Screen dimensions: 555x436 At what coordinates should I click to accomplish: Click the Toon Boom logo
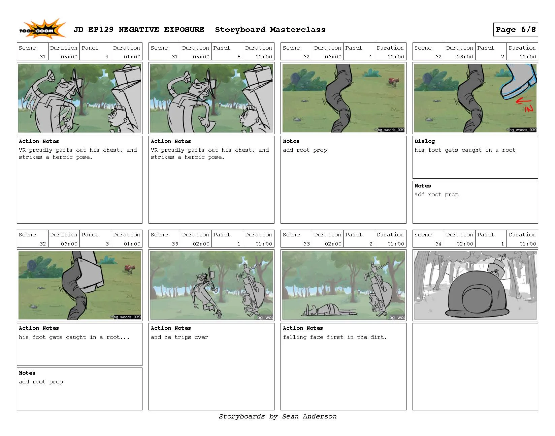42,29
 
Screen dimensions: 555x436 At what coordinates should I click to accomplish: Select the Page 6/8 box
515,29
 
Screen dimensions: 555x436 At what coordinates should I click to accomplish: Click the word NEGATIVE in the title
138,30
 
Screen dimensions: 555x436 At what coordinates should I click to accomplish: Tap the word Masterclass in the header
298,30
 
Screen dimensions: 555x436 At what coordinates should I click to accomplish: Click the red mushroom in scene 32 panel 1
394,82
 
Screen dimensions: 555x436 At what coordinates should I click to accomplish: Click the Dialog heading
424,141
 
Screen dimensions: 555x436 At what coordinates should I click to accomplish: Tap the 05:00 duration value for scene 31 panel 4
69,57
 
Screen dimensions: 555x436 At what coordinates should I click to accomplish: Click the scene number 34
438,244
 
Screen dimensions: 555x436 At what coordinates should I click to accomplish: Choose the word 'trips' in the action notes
183,337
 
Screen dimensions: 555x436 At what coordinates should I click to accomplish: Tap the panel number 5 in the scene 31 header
239,57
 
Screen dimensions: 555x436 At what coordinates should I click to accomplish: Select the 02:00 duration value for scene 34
465,244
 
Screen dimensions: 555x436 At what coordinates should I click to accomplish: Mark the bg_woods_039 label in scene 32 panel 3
127,317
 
